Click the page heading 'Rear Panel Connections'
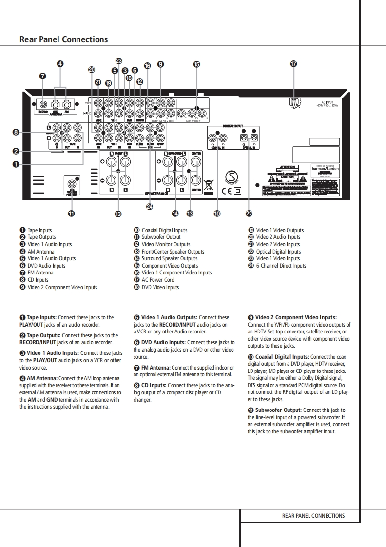64,39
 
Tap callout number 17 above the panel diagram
293,64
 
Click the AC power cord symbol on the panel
294,103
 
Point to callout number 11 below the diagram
71,213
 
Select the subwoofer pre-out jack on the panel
72,184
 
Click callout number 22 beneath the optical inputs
249,213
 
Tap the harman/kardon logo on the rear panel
325,169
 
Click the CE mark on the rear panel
227,191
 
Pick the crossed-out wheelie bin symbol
209,184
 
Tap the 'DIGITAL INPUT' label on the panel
232,126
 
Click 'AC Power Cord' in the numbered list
157,280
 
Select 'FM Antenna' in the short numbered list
40,273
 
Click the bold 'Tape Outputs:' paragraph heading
43,335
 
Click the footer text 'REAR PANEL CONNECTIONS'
313,516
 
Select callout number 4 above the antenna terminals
60,64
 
